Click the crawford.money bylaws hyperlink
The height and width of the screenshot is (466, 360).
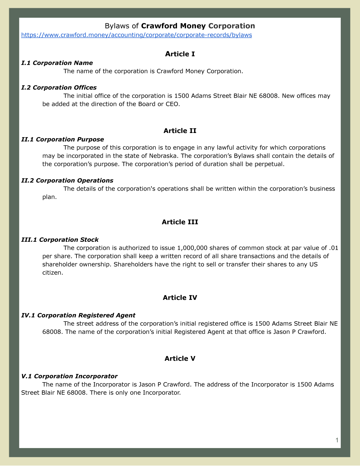(136, 35)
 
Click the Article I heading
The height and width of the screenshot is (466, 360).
(180, 54)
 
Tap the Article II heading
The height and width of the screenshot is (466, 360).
(180, 131)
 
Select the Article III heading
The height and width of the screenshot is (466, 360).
(180, 222)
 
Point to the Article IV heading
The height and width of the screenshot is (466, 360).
(180, 297)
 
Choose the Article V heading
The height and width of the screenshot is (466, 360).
(180, 358)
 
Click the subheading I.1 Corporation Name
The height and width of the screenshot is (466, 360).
(57, 63)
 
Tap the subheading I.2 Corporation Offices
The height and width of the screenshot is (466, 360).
(59, 87)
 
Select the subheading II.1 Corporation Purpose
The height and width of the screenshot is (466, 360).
(63, 139)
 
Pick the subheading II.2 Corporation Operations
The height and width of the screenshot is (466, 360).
(67, 180)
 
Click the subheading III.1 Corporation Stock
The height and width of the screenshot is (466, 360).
(60, 239)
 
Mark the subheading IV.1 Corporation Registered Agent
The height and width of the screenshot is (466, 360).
(78, 315)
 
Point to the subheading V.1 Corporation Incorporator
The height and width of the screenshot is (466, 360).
(69, 376)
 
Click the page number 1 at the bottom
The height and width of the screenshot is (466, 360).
(337, 440)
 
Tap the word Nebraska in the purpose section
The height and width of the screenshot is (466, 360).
(162, 156)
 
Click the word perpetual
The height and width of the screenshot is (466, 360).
(269, 164)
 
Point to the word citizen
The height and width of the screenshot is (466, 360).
(52, 272)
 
